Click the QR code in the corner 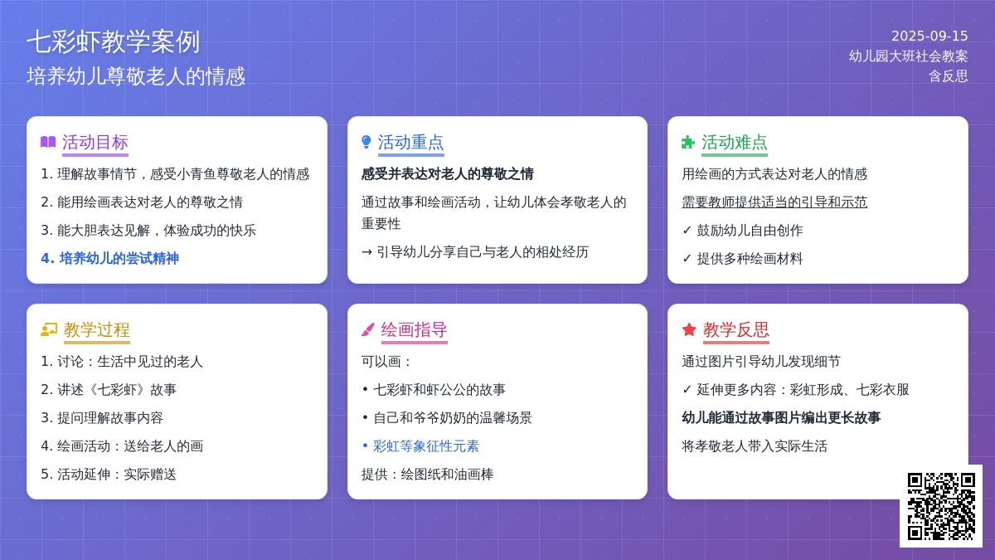click(941, 506)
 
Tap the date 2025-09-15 click(929, 36)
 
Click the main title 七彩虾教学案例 click(114, 42)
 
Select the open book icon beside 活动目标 click(48, 142)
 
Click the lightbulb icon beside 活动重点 click(366, 142)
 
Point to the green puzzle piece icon click(687, 142)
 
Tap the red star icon click(689, 330)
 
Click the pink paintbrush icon click(368, 330)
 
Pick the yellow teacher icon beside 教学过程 click(49, 330)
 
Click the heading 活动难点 click(735, 143)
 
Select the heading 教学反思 click(736, 330)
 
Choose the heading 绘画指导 click(414, 330)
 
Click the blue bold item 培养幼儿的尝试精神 click(109, 258)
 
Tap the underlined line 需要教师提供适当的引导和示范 click(774, 202)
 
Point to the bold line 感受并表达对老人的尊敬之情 click(447, 173)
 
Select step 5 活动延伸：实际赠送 click(109, 475)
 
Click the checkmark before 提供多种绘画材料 click(687, 258)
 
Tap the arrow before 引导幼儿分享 click(366, 252)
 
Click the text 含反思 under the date click(949, 76)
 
